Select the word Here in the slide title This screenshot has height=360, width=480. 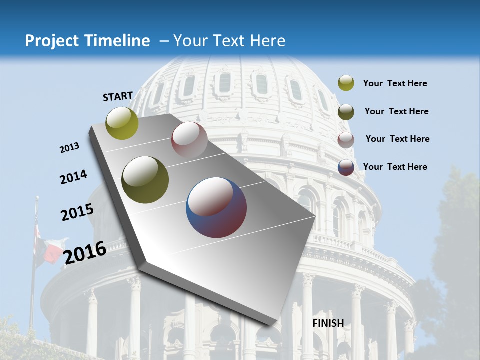267,41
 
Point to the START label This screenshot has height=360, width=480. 118,96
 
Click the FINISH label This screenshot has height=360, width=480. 328,323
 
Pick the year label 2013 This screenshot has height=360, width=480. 70,148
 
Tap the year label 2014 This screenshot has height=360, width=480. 74,177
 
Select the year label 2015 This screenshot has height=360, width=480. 77,212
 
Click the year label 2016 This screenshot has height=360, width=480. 85,252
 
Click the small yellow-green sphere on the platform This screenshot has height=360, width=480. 122,123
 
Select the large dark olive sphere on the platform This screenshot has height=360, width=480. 145,179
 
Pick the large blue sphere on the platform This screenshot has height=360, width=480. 216,207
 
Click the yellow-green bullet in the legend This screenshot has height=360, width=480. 346,83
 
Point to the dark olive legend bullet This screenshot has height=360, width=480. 346,112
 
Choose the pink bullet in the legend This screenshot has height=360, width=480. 346,140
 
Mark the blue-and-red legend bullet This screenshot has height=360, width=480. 346,167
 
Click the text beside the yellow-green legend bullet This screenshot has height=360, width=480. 395,84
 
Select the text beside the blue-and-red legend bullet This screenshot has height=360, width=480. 395,167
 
